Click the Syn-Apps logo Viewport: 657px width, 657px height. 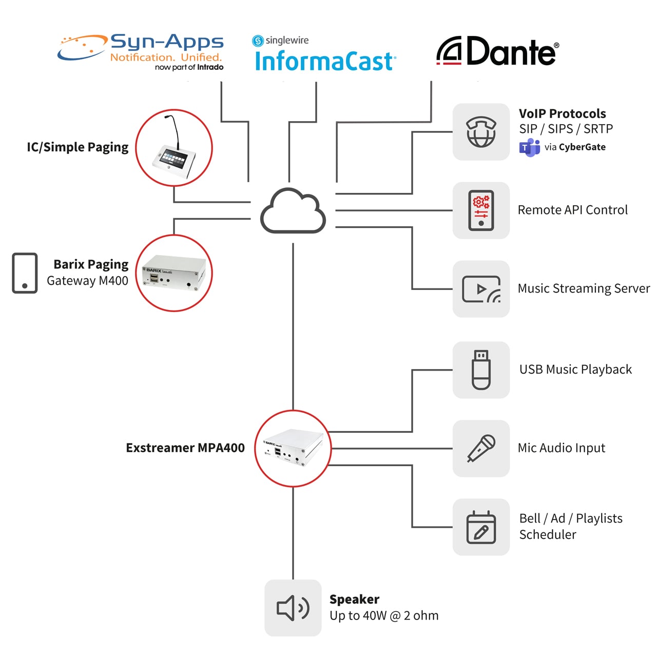(140, 52)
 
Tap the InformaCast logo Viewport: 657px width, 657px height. (324, 53)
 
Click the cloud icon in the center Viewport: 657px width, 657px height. (293, 210)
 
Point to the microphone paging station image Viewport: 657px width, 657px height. (174, 148)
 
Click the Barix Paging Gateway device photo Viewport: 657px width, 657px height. (174, 273)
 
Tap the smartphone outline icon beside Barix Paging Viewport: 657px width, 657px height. (25, 273)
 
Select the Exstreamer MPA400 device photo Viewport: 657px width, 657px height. (293, 448)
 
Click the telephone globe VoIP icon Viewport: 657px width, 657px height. (481, 131)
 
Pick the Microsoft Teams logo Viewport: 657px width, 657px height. (529, 148)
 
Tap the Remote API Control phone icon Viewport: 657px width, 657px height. (481, 210)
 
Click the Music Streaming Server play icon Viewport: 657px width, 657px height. (481, 289)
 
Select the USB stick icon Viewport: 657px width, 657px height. (481, 370)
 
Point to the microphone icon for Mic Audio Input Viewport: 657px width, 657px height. (481, 448)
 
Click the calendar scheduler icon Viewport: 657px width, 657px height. (481, 527)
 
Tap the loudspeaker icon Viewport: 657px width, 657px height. (293, 608)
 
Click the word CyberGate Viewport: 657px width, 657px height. (582, 147)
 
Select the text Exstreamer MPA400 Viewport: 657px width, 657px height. (185, 448)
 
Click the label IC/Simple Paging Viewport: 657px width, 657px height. (78, 147)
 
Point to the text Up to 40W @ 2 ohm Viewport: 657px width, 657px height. (384, 616)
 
